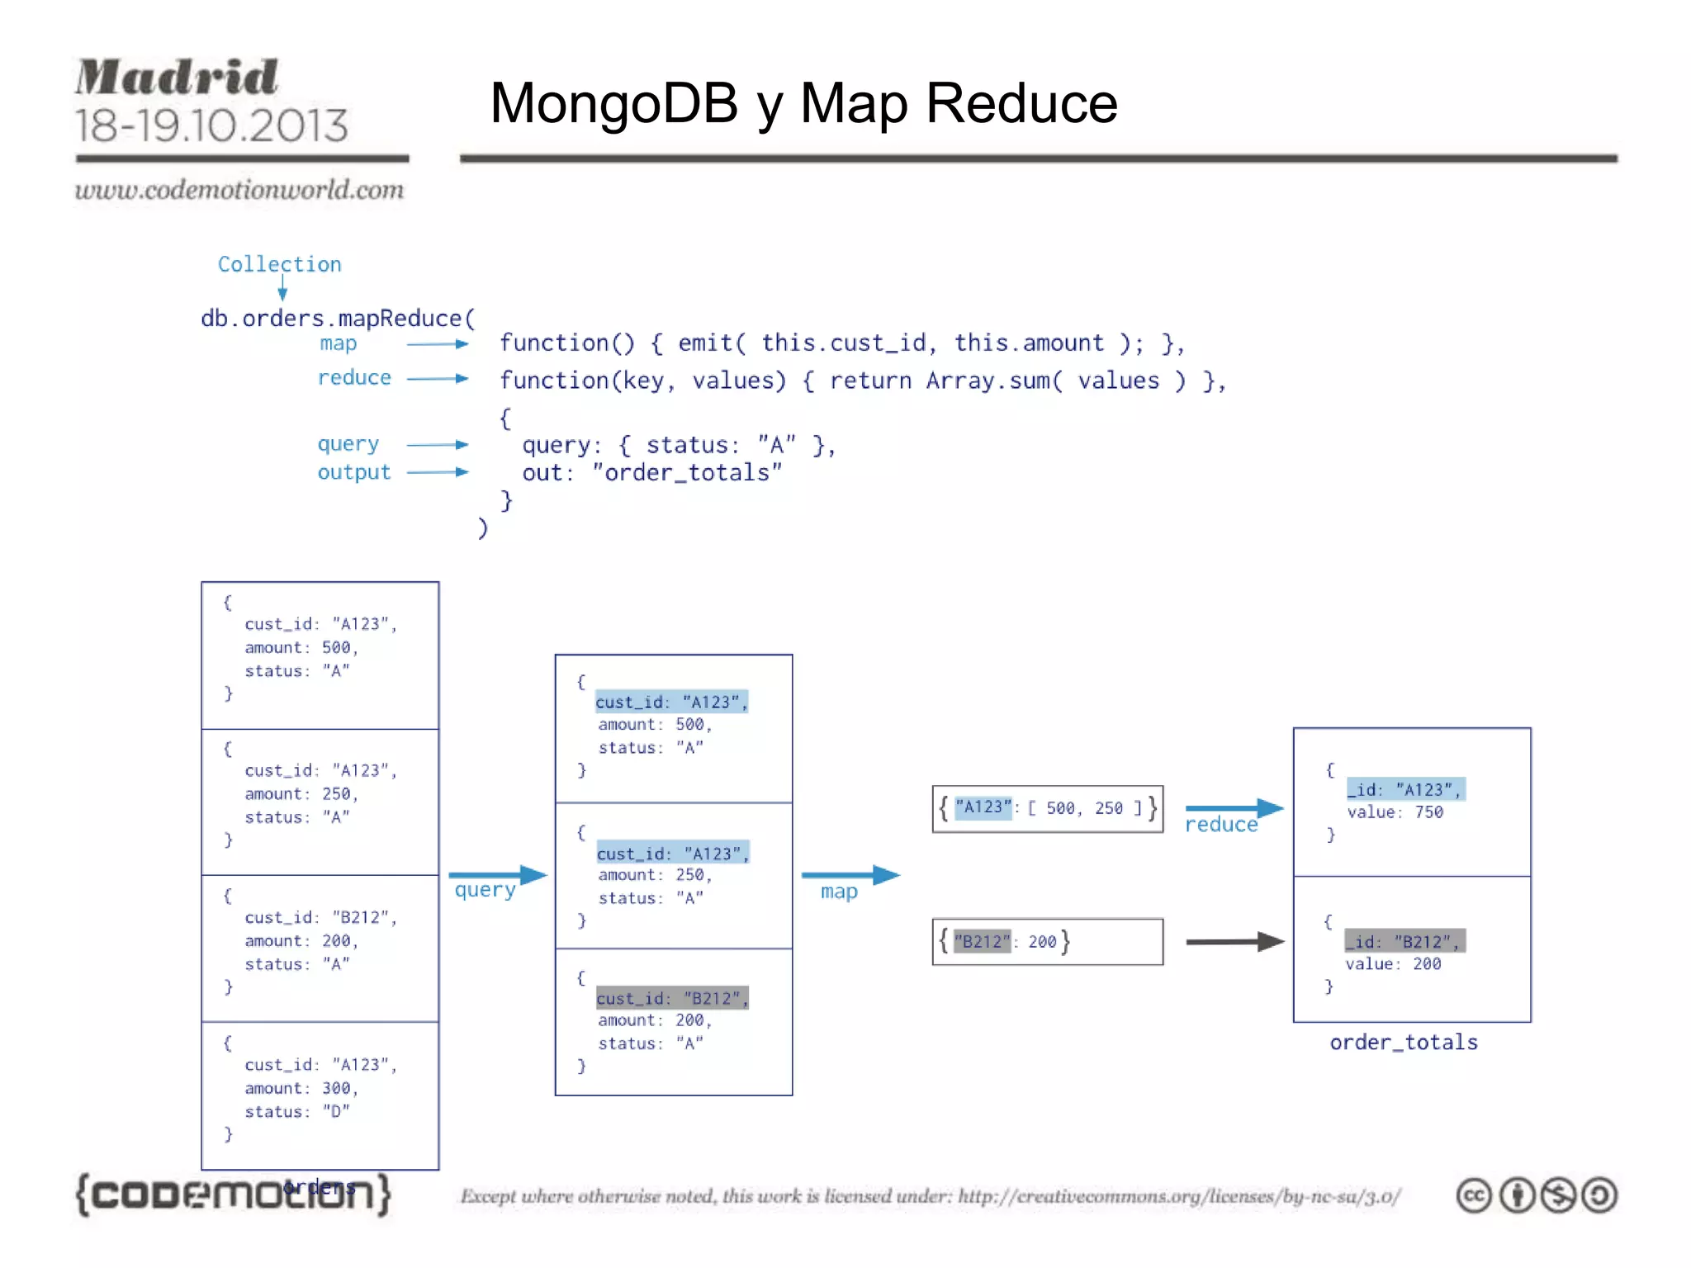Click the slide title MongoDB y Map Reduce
click(803, 104)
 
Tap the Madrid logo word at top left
click(177, 78)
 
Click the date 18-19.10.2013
click(211, 125)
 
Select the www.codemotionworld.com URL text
click(239, 190)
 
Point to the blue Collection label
click(279, 264)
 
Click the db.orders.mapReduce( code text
click(338, 319)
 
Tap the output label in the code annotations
click(353, 472)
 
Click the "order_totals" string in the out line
click(687, 472)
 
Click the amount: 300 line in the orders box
click(301, 1088)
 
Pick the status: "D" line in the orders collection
click(296, 1111)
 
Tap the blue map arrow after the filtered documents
click(850, 875)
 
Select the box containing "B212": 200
click(1047, 941)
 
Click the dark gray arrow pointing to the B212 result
click(1234, 941)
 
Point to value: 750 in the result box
click(1395, 812)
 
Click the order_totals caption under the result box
click(1403, 1043)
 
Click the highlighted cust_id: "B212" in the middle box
click(672, 998)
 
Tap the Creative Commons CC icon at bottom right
click(1474, 1195)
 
